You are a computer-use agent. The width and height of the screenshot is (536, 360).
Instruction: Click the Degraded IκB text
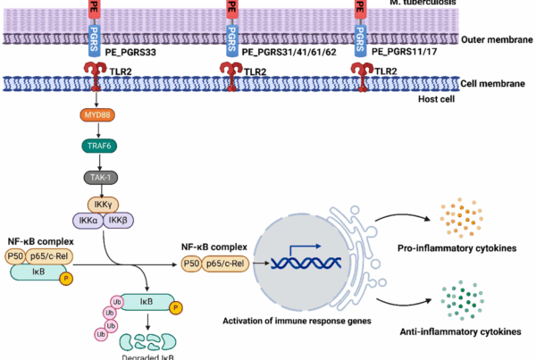click(x=148, y=354)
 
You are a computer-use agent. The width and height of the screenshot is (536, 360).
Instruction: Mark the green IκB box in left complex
click(x=38, y=270)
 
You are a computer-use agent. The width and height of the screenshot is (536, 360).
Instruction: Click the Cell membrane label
click(x=491, y=83)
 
